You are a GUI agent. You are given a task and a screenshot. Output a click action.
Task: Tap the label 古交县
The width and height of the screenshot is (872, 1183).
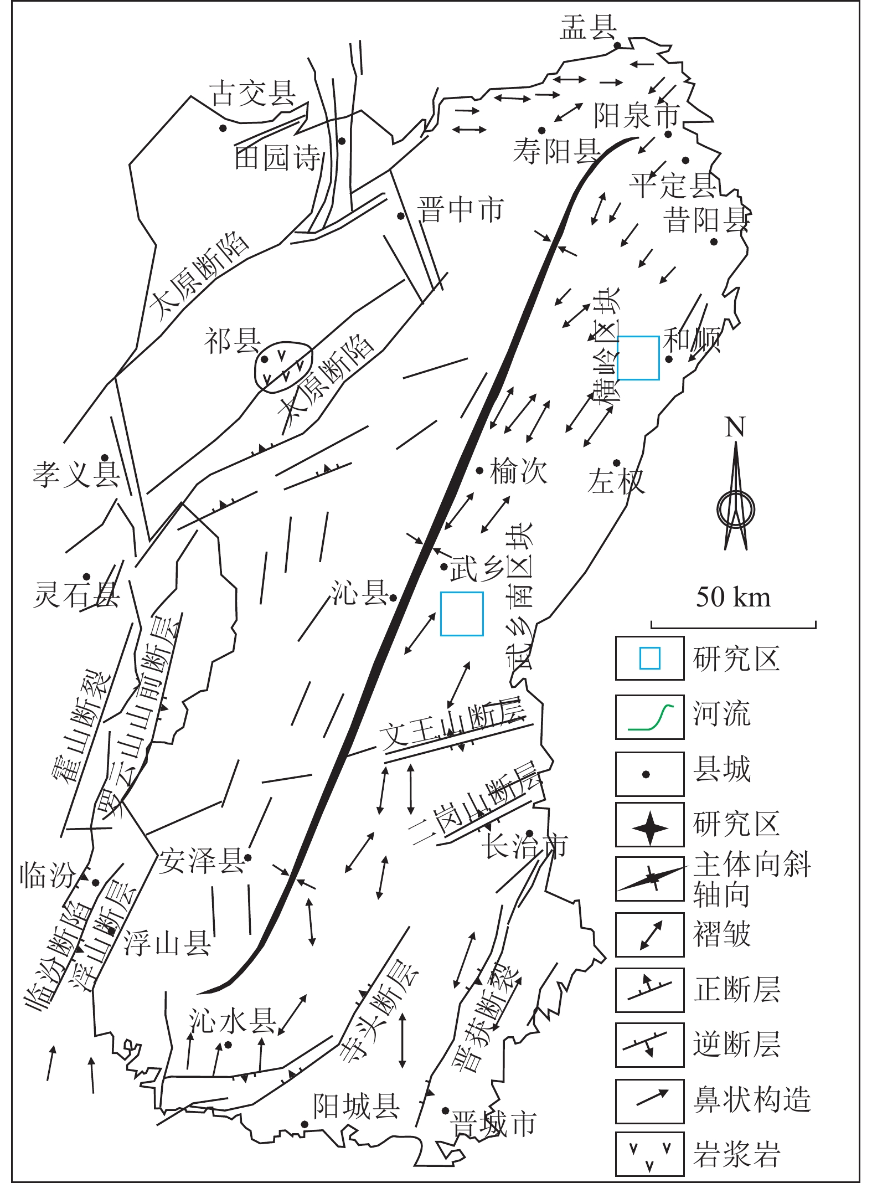(253, 93)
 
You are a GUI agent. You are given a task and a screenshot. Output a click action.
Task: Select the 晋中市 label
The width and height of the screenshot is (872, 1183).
(461, 210)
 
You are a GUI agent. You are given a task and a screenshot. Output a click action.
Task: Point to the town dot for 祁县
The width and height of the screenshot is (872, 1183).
(265, 359)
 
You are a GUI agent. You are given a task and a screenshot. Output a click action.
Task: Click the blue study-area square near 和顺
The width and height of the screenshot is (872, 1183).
(638, 358)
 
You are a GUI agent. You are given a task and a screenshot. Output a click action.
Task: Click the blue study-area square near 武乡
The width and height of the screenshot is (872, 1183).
(462, 614)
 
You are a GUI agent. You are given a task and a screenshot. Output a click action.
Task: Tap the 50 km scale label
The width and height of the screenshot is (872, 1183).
(733, 597)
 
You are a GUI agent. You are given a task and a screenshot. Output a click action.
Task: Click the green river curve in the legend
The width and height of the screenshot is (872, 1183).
(650, 718)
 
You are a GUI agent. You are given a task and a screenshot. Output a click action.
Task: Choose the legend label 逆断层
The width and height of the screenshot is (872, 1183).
(736, 1045)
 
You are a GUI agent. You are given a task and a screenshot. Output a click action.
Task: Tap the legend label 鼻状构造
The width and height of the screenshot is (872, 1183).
(752, 1100)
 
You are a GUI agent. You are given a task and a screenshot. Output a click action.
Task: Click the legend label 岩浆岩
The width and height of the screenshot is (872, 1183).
(736, 1154)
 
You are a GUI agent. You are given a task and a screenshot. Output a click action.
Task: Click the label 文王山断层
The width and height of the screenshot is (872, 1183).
(451, 727)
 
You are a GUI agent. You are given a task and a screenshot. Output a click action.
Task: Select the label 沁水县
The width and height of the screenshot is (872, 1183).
(233, 1020)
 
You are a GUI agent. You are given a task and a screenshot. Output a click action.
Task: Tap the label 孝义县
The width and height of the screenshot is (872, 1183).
(76, 474)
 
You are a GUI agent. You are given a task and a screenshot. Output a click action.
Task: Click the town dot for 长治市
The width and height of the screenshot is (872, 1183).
(529, 834)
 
